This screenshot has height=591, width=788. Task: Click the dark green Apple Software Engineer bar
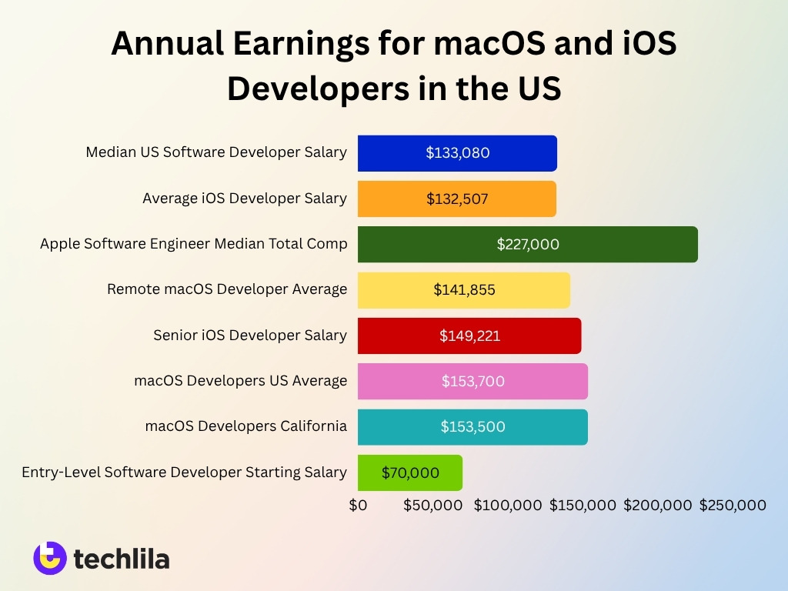tap(527, 244)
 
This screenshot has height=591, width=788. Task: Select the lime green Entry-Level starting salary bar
tap(409, 472)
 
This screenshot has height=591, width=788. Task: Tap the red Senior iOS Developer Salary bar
tap(469, 336)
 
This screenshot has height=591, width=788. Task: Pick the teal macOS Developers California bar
tap(472, 426)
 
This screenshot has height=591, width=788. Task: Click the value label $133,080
tap(458, 152)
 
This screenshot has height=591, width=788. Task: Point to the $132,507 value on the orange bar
tap(457, 199)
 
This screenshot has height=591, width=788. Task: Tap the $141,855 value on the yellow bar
tap(464, 290)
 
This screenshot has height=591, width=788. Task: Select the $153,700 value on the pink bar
tap(473, 381)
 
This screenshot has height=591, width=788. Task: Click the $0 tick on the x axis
tap(358, 505)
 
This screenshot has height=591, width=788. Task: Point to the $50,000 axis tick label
tap(432, 505)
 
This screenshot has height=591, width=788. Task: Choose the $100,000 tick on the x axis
tap(508, 505)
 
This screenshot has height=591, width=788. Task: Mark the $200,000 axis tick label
tap(658, 505)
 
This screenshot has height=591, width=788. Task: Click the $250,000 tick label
tap(733, 505)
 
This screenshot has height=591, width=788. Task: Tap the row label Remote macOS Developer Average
tap(227, 289)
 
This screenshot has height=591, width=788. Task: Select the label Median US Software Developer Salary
tap(216, 152)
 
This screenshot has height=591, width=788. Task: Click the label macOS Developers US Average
tap(240, 381)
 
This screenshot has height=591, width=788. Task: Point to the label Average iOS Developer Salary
tap(245, 199)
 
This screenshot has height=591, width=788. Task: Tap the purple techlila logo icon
tap(50, 558)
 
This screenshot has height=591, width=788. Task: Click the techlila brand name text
tap(122, 559)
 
